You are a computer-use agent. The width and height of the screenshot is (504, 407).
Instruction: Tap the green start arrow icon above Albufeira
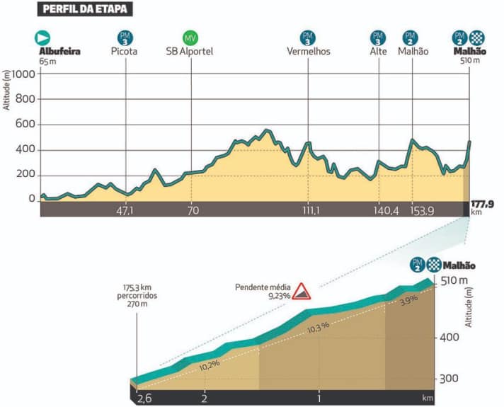(43, 38)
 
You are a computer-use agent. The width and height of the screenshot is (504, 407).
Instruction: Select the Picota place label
(124, 52)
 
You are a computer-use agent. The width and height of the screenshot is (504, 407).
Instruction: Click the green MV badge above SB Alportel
(190, 38)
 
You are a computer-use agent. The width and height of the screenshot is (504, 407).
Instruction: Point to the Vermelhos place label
(308, 52)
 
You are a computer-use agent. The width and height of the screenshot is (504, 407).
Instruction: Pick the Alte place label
(377, 52)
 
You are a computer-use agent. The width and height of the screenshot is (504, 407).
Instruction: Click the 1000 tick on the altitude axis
(23, 74)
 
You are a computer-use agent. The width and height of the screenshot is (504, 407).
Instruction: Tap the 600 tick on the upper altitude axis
(26, 125)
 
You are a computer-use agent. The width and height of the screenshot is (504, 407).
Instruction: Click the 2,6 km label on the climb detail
(144, 398)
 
